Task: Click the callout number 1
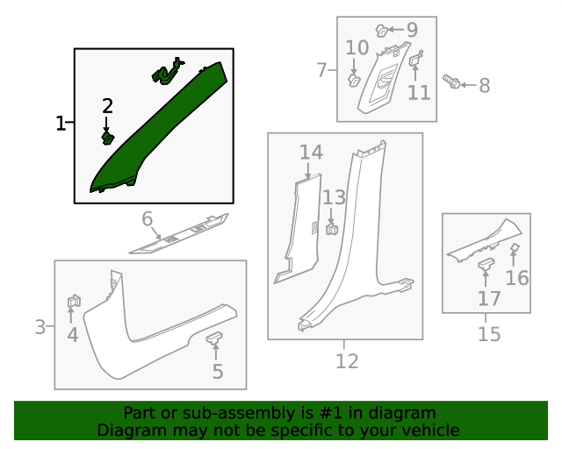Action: (x=61, y=123)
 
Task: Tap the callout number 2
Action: (x=107, y=106)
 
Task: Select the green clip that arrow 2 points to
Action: (x=107, y=138)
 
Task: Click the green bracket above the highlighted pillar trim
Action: (x=168, y=71)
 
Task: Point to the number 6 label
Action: (x=147, y=218)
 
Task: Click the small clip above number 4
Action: (x=74, y=301)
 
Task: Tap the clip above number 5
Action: (x=214, y=338)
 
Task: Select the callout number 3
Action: (x=40, y=327)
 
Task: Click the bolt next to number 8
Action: (x=451, y=82)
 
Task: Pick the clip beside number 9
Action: (x=382, y=30)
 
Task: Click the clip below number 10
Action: (x=354, y=80)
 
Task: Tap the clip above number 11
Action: (x=415, y=59)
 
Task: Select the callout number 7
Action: (x=322, y=70)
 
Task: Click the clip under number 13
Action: (x=332, y=228)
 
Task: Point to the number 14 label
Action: (x=311, y=153)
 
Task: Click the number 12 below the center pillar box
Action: (x=347, y=361)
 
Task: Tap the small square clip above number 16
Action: (x=515, y=246)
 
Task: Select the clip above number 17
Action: (x=486, y=264)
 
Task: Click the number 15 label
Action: (x=489, y=334)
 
